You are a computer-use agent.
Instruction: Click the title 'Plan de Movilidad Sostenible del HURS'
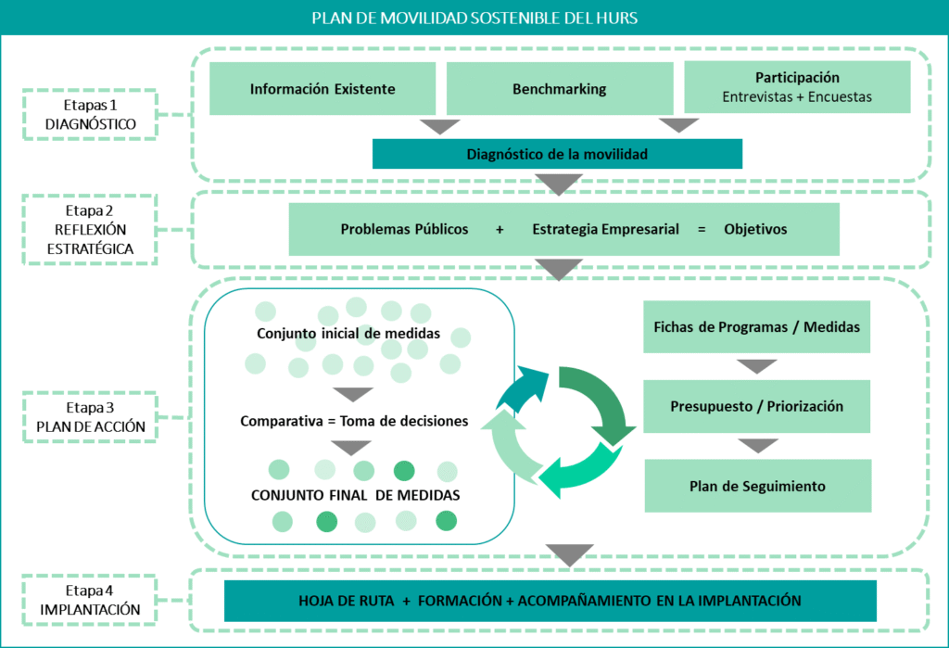click(x=474, y=18)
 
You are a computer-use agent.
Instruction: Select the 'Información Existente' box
click(x=323, y=89)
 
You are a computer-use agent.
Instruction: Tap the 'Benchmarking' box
click(x=559, y=89)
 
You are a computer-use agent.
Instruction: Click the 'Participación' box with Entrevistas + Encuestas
click(x=797, y=87)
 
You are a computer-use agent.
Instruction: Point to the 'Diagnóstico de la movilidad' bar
click(x=557, y=154)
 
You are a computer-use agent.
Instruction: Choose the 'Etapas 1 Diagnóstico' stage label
click(x=90, y=115)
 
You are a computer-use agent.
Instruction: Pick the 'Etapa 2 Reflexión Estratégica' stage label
click(x=90, y=230)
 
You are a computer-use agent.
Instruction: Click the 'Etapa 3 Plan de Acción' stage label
click(x=90, y=416)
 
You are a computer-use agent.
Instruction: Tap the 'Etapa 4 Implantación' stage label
click(x=90, y=600)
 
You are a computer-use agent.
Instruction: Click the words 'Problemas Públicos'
click(x=404, y=229)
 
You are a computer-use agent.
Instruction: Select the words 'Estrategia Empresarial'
click(x=605, y=229)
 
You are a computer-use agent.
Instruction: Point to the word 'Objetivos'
click(x=755, y=229)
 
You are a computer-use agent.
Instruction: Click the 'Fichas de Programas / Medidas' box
click(x=757, y=326)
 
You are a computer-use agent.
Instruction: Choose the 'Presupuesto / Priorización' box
click(x=757, y=406)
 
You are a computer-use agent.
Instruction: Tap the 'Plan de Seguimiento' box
click(x=757, y=486)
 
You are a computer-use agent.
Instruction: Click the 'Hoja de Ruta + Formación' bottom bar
click(x=550, y=601)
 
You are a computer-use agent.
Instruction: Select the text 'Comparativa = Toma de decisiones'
click(x=354, y=421)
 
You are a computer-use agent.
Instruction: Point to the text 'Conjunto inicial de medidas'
click(x=355, y=334)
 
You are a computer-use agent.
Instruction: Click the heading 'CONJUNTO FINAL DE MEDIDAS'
click(x=356, y=495)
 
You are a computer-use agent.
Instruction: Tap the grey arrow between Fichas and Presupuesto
click(x=757, y=366)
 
